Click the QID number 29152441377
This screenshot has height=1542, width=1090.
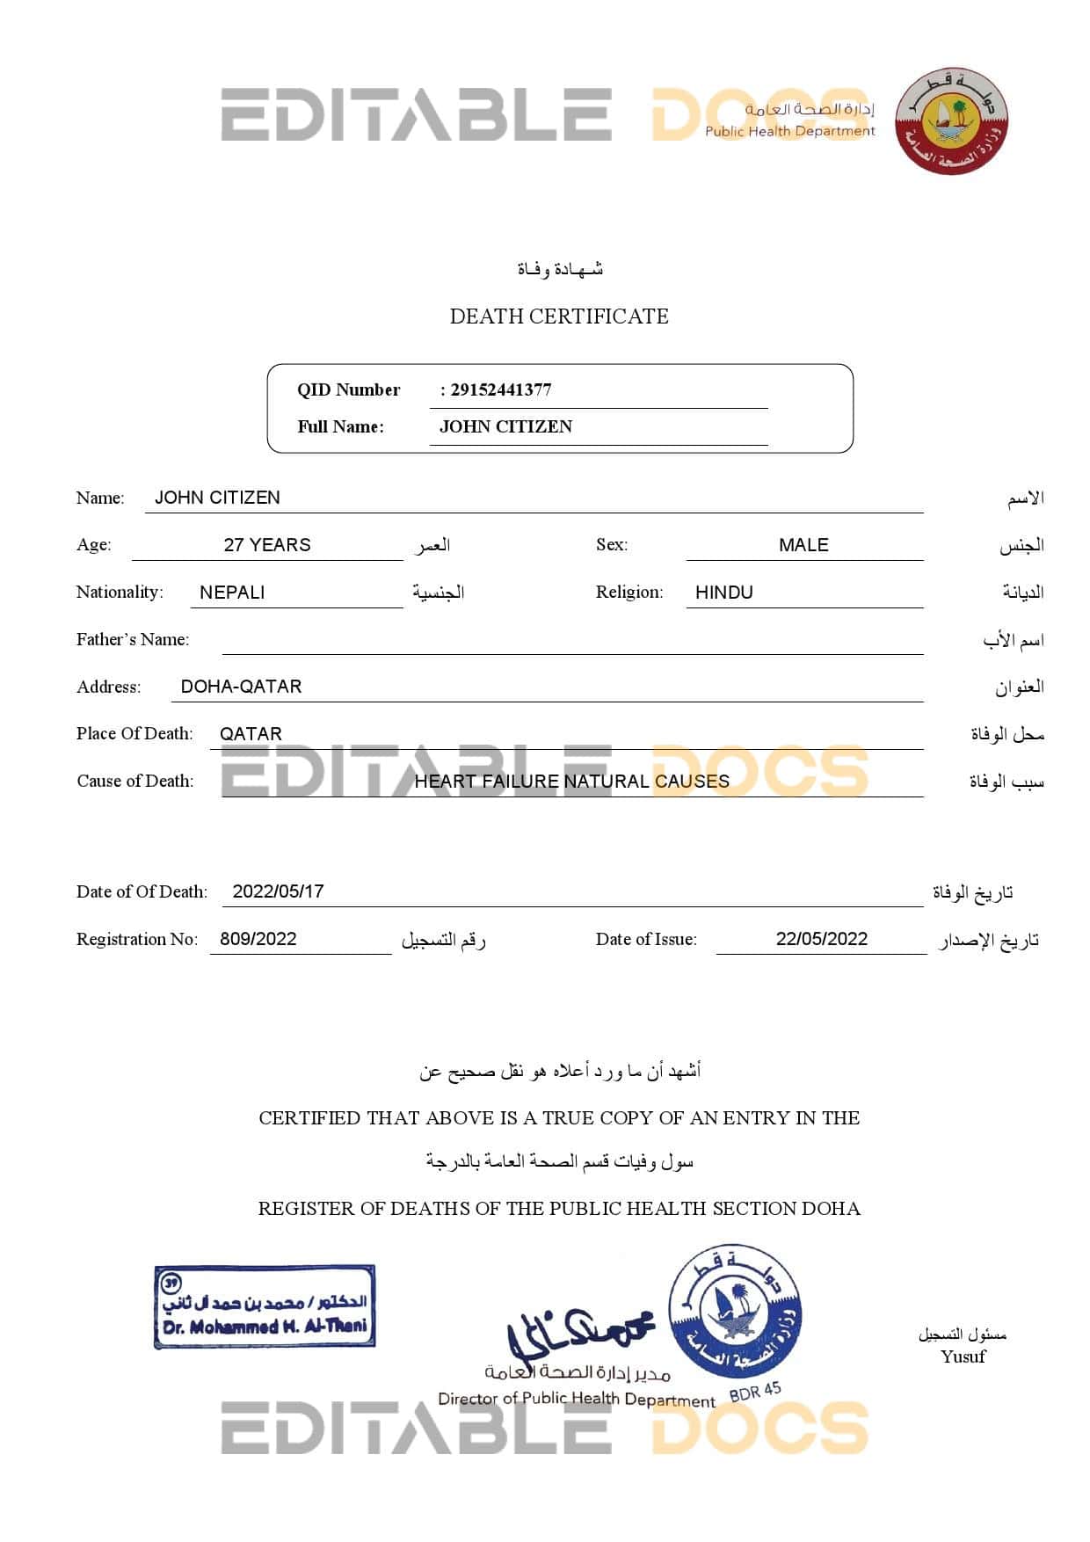pyautogui.click(x=500, y=389)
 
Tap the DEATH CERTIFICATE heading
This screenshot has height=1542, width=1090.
pyautogui.click(x=559, y=316)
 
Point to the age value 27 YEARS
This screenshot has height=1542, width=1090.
pyautogui.click(x=267, y=545)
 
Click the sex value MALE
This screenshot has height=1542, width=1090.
pyautogui.click(x=803, y=545)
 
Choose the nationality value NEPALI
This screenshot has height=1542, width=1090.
pyautogui.click(x=232, y=593)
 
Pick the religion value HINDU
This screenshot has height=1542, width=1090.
pyautogui.click(x=724, y=593)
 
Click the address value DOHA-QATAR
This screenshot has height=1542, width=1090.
pyautogui.click(x=241, y=687)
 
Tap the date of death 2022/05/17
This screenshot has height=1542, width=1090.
pyautogui.click(x=278, y=891)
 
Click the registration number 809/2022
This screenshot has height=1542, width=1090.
pyautogui.click(x=258, y=939)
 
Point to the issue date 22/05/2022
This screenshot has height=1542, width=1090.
pyautogui.click(x=822, y=939)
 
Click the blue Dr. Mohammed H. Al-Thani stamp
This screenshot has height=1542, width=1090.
pyautogui.click(x=265, y=1306)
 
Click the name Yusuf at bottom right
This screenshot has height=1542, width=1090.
pyautogui.click(x=963, y=1357)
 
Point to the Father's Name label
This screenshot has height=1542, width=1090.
pyautogui.click(x=133, y=640)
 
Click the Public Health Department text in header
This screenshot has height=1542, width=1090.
pyautogui.click(x=789, y=132)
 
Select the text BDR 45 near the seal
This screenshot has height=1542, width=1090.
pyautogui.click(x=755, y=1393)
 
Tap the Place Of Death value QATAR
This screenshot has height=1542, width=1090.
pyautogui.click(x=251, y=734)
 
